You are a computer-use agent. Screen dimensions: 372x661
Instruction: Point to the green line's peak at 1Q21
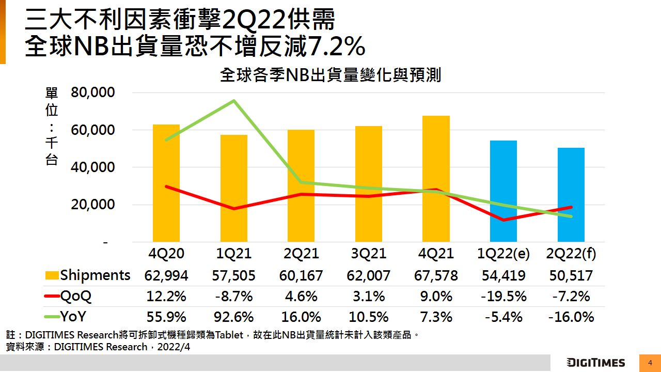234,101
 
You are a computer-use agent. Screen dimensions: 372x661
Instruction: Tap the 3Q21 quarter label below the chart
368,254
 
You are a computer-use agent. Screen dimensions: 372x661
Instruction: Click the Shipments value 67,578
436,275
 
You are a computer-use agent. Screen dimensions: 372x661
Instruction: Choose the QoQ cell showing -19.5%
503,297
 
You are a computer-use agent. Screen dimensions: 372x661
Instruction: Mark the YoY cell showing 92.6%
233,317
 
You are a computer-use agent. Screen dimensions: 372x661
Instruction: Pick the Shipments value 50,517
571,275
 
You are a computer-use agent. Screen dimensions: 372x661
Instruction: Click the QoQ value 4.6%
301,297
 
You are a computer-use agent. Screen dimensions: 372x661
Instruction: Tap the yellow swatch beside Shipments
52,275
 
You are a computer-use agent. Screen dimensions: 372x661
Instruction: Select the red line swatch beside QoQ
52,296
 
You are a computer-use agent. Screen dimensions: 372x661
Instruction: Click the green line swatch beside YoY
52,317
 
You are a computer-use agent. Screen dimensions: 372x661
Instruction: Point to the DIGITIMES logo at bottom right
595,363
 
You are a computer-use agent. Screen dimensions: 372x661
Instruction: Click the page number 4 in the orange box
650,363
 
